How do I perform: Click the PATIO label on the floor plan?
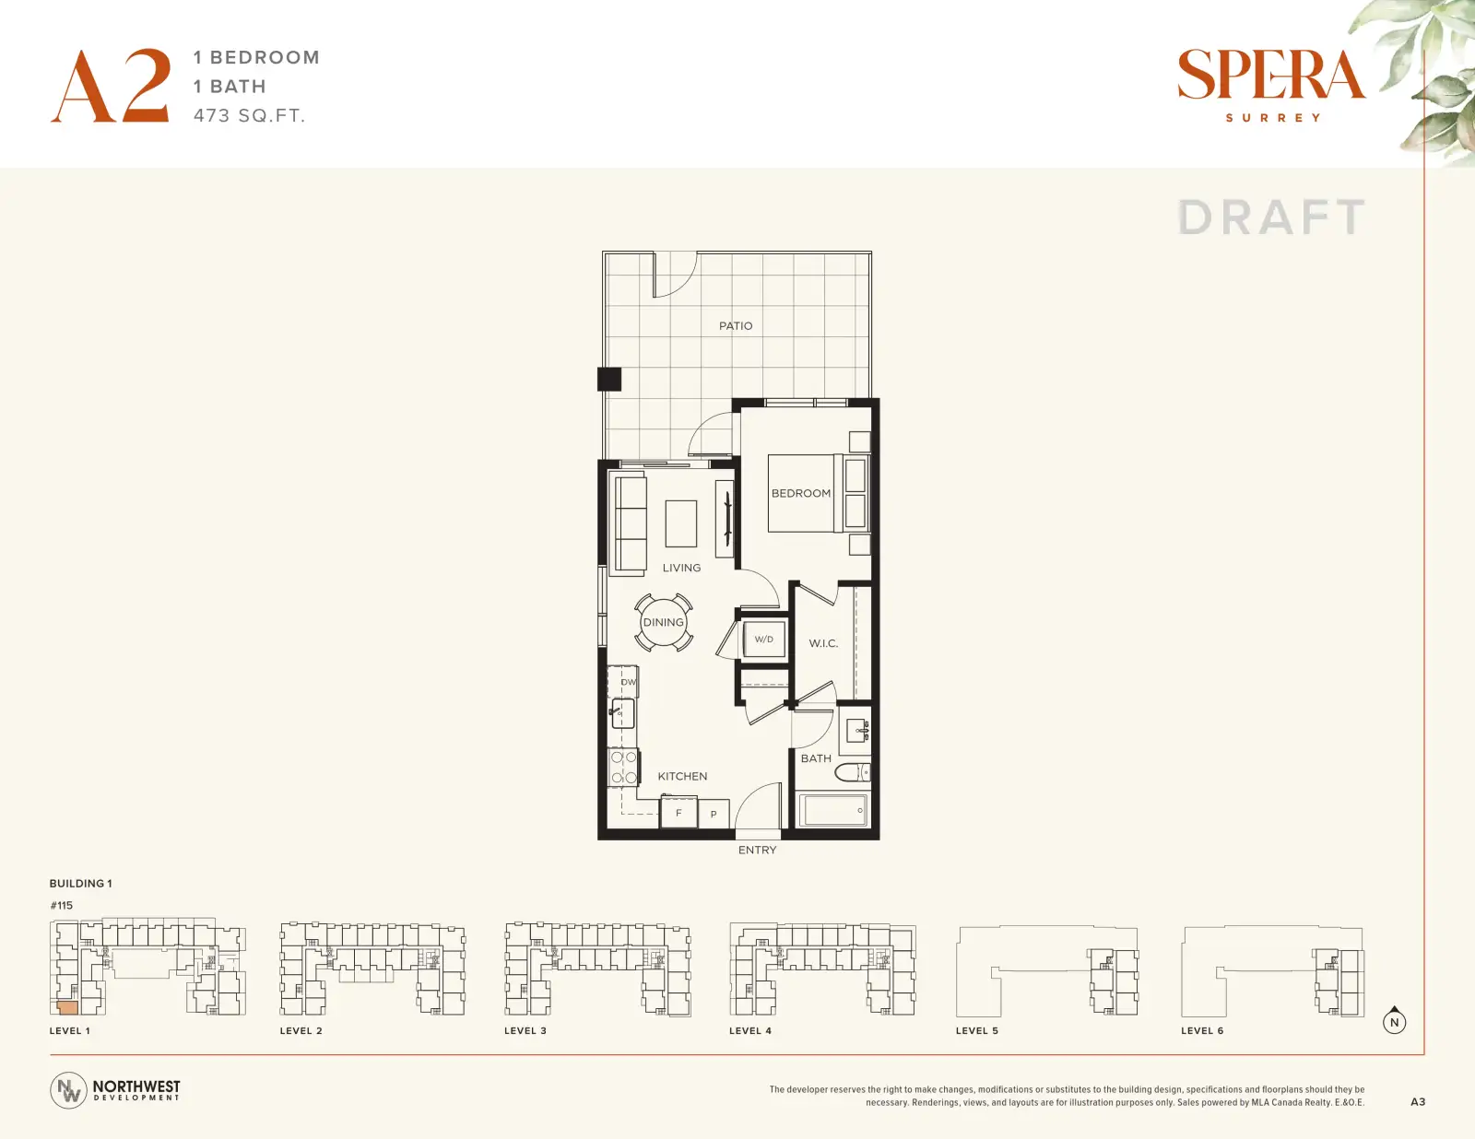pos(736,326)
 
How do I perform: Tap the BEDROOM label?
pos(801,493)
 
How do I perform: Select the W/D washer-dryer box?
pos(764,639)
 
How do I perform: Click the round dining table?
pos(664,622)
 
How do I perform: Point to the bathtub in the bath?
pos(833,809)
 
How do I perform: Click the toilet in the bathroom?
pos(853,772)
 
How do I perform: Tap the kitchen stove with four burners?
pos(623,768)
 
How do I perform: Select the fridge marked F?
pos(678,813)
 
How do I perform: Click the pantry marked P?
pos(714,814)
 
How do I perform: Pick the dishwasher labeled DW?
pos(623,682)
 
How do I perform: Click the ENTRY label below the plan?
pos(758,850)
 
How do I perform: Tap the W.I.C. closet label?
pos(823,643)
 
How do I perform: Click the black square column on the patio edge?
pos(608,380)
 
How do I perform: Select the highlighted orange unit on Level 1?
pos(68,1008)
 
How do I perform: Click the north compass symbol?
pos(1394,1021)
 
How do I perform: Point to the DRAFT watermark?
pos(1271,217)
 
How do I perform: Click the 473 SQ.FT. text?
pos(249,116)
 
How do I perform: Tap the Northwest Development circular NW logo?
pos(68,1090)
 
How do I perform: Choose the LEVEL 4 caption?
pos(750,1030)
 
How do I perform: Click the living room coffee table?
pos(681,523)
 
